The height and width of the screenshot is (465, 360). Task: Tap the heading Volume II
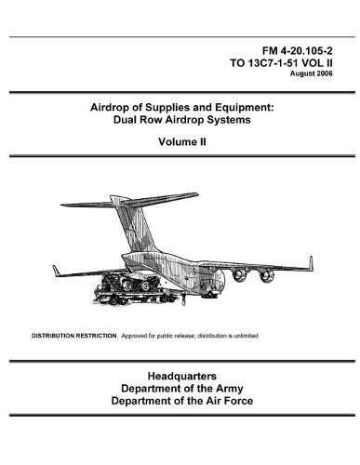[x=180, y=146]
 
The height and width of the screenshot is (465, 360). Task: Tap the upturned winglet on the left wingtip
[x=56, y=271]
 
